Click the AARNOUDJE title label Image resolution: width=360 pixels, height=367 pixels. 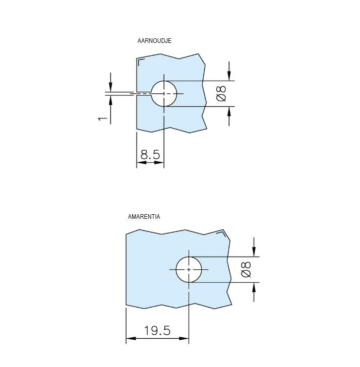pyautogui.click(x=154, y=41)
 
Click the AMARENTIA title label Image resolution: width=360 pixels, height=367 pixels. pyautogui.click(x=144, y=217)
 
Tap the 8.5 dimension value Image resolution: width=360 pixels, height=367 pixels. pyautogui.click(x=150, y=154)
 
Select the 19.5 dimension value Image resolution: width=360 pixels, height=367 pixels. pyautogui.click(x=157, y=331)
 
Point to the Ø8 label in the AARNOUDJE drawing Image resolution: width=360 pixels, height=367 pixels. pyautogui.click(x=222, y=93)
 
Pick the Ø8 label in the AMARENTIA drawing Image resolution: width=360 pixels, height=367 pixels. pyautogui.click(x=246, y=270)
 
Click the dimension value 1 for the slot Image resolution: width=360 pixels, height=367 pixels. pyautogui.click(x=102, y=118)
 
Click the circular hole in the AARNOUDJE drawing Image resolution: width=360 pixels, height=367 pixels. pyautogui.click(x=164, y=94)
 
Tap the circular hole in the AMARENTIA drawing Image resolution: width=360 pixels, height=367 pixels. pyautogui.click(x=189, y=270)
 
